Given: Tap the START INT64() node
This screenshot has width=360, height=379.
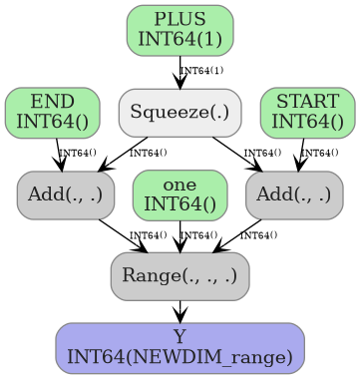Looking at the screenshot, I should click(307, 112).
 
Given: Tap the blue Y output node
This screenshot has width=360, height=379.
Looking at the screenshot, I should click(180, 347).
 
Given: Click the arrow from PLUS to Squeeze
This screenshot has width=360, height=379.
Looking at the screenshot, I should click(180, 72).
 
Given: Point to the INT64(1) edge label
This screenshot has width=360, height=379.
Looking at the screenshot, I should click(201, 71).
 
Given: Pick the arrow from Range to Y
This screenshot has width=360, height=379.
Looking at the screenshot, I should click(180, 311).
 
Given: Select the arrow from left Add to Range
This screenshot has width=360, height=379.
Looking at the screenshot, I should click(124, 235).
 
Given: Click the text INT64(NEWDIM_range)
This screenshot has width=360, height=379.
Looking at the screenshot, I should click(180, 356).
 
